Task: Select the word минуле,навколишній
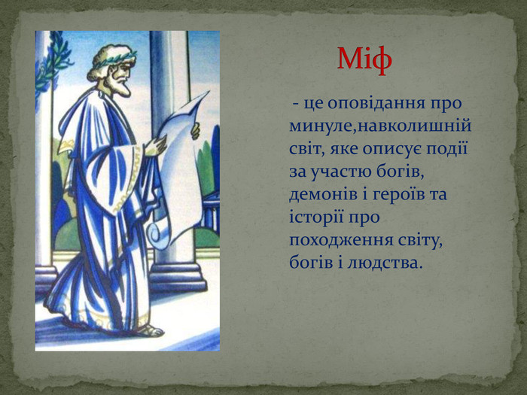[380, 126]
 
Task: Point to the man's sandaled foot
[151, 331]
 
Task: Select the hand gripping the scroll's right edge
[196, 131]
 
